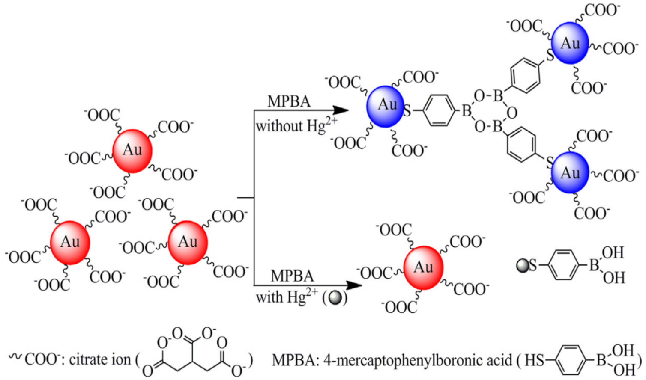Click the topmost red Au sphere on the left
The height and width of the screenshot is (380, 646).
pyautogui.click(x=132, y=151)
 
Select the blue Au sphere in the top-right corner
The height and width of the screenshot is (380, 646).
pyautogui.click(x=570, y=43)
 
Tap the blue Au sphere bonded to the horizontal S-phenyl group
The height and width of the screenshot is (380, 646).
pyautogui.click(x=385, y=106)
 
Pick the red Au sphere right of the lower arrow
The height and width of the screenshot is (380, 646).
pyautogui.click(x=423, y=268)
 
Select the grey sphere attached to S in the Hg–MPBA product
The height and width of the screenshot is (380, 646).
pyautogui.click(x=522, y=266)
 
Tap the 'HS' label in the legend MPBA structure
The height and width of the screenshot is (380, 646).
pyautogui.click(x=534, y=360)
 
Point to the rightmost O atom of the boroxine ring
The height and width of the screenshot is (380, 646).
pyautogui.click(x=512, y=113)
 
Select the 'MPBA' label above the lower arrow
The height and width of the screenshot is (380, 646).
pyautogui.click(x=292, y=276)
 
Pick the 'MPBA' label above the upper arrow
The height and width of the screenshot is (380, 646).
pyautogui.click(x=289, y=102)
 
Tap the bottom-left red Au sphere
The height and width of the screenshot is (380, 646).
pyautogui.click(x=70, y=243)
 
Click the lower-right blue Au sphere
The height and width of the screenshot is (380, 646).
pyautogui.click(x=570, y=172)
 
